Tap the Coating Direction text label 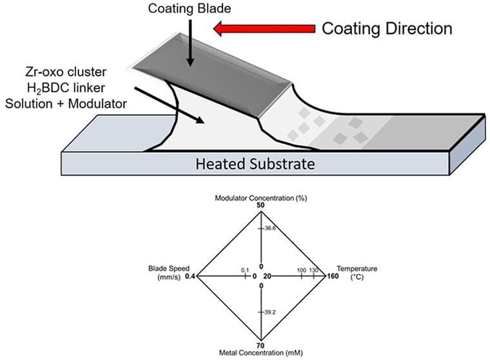(x=387, y=28)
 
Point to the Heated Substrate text (x=255, y=164)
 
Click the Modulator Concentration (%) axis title (x=260, y=197)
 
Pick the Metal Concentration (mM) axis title (x=260, y=353)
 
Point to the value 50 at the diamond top (x=261, y=205)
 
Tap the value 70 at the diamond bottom (x=261, y=345)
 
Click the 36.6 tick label (x=270, y=228)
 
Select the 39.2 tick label (x=271, y=312)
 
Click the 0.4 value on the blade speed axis (x=190, y=276)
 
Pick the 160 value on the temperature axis (x=335, y=276)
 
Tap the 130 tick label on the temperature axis (x=314, y=270)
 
